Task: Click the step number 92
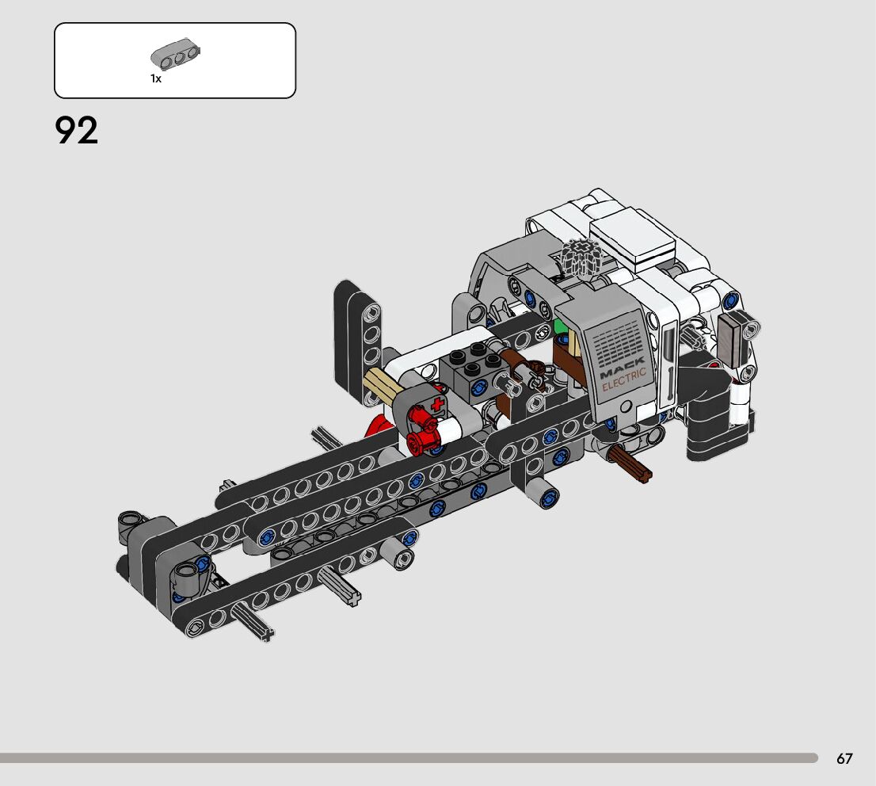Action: [x=77, y=130]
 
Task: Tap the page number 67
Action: [x=844, y=758]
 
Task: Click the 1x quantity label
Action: [x=156, y=78]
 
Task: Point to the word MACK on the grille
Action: [x=621, y=367]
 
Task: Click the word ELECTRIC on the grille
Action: [x=624, y=379]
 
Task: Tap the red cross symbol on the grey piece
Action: [x=437, y=403]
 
